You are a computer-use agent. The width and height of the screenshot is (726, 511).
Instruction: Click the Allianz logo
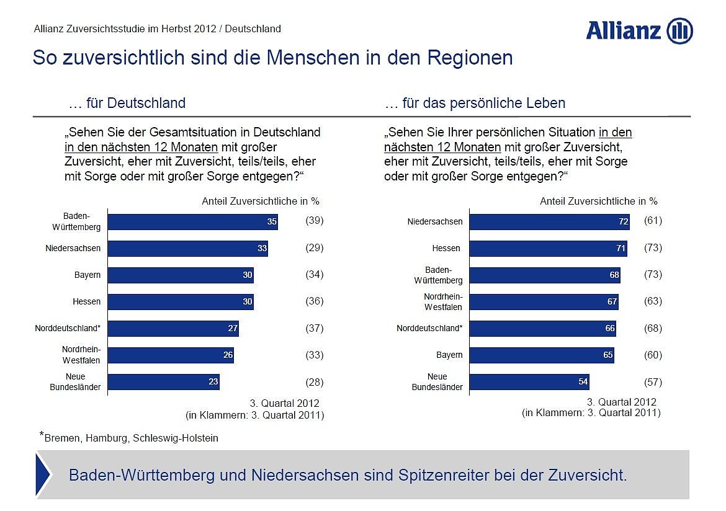[x=639, y=31]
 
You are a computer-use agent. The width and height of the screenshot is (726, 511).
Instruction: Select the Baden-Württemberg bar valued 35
[x=192, y=221]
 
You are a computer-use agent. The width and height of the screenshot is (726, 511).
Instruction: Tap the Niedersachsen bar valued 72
[x=549, y=222]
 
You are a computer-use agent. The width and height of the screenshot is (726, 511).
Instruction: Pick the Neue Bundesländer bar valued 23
[x=164, y=382]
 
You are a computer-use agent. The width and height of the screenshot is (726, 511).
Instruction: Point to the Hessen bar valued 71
[x=548, y=249]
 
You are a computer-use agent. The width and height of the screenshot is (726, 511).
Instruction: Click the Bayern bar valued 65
[x=542, y=355]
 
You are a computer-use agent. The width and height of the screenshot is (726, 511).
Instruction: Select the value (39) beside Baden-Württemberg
[x=315, y=221]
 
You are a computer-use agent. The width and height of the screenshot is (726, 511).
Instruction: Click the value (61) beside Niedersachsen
[x=653, y=221]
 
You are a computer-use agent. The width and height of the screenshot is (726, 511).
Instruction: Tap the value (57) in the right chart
[x=653, y=382]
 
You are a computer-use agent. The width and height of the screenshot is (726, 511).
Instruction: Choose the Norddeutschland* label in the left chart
[x=68, y=328]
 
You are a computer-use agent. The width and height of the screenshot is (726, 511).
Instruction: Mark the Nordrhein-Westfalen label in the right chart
[x=443, y=302]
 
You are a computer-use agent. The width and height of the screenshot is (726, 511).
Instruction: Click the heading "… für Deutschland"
[x=127, y=103]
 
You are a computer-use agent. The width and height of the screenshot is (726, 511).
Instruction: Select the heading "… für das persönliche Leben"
[x=475, y=103]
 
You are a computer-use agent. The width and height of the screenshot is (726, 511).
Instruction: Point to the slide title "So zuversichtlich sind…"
[x=272, y=58]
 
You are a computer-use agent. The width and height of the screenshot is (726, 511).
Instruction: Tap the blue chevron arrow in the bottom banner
[x=43, y=475]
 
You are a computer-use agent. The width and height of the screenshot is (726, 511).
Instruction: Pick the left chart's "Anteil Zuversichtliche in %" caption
[x=261, y=201]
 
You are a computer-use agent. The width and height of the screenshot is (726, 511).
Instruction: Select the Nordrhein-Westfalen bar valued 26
[x=171, y=355]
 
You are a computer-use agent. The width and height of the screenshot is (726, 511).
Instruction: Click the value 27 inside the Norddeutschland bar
[x=233, y=329]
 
